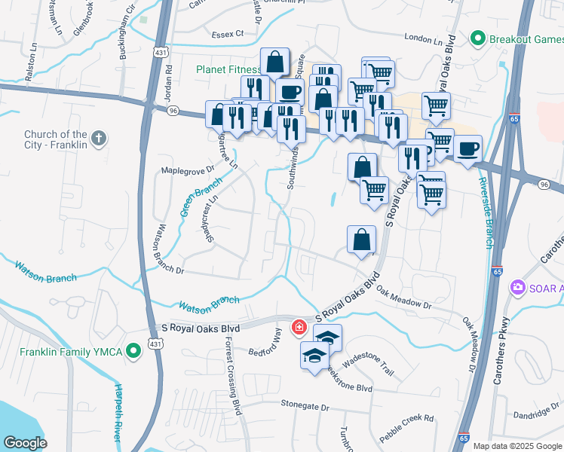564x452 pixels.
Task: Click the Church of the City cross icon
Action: point(98,139)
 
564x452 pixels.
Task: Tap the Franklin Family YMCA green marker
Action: point(133,350)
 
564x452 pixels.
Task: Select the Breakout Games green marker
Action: point(477,38)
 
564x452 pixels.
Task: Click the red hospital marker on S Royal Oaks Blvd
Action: point(299,328)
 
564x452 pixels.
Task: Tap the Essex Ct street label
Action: point(228,34)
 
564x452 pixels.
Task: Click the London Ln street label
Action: point(422,38)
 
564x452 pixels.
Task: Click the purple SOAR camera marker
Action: point(517,287)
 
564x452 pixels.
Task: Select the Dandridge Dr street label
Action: point(535,415)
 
